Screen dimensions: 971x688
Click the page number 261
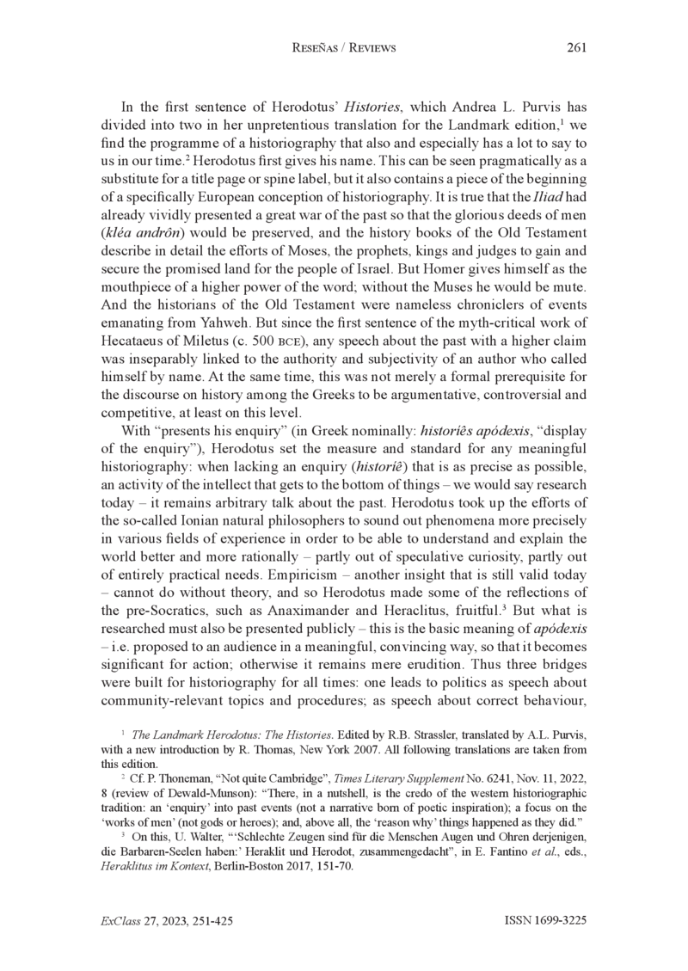click(x=576, y=48)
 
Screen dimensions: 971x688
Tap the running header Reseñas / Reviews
click(x=344, y=48)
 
